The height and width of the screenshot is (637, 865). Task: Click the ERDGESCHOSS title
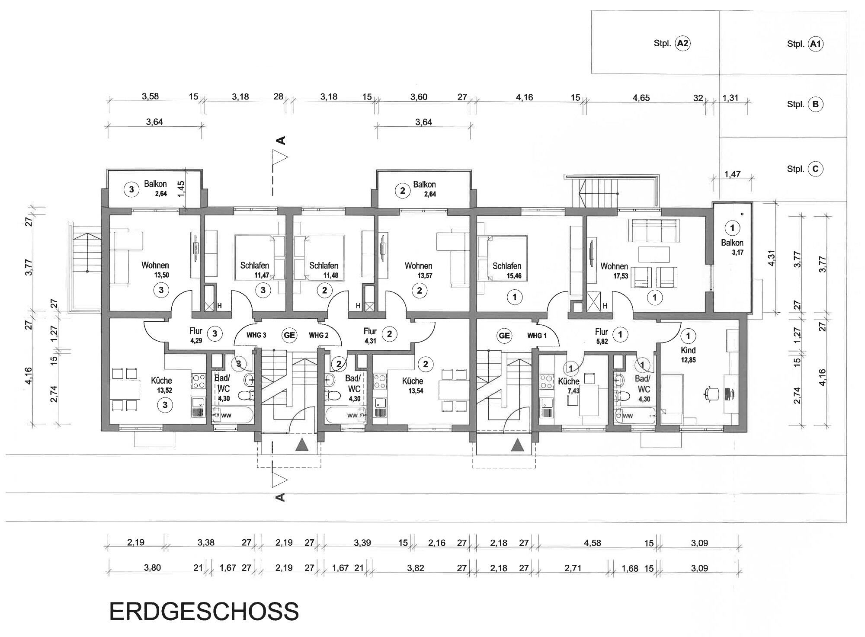pyautogui.click(x=204, y=611)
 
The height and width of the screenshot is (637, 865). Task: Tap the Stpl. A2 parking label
pyautogui.click(x=672, y=43)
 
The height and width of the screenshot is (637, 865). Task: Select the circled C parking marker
pyautogui.click(x=815, y=169)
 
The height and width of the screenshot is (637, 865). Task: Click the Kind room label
pyautogui.click(x=688, y=350)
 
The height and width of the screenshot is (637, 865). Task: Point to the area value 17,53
pyautogui.click(x=620, y=276)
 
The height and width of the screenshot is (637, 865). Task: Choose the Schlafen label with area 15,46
pyautogui.click(x=507, y=266)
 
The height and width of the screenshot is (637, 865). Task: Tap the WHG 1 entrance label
pyautogui.click(x=537, y=336)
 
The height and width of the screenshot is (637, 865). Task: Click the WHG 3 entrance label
pyautogui.click(x=256, y=335)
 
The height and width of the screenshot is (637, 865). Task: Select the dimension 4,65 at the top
pyautogui.click(x=641, y=98)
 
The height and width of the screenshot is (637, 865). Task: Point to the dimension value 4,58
pyautogui.click(x=592, y=543)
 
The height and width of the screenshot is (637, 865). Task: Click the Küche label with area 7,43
pyautogui.click(x=568, y=381)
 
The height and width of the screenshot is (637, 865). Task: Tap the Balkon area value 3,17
pyautogui.click(x=737, y=253)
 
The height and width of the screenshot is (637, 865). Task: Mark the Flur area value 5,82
pyautogui.click(x=601, y=341)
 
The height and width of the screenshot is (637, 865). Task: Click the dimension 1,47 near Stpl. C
pyautogui.click(x=732, y=174)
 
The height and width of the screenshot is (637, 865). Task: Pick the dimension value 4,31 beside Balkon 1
pyautogui.click(x=771, y=258)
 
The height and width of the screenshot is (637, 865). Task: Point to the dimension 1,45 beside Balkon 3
pyautogui.click(x=182, y=189)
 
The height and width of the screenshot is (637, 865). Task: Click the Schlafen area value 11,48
pyautogui.click(x=330, y=276)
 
